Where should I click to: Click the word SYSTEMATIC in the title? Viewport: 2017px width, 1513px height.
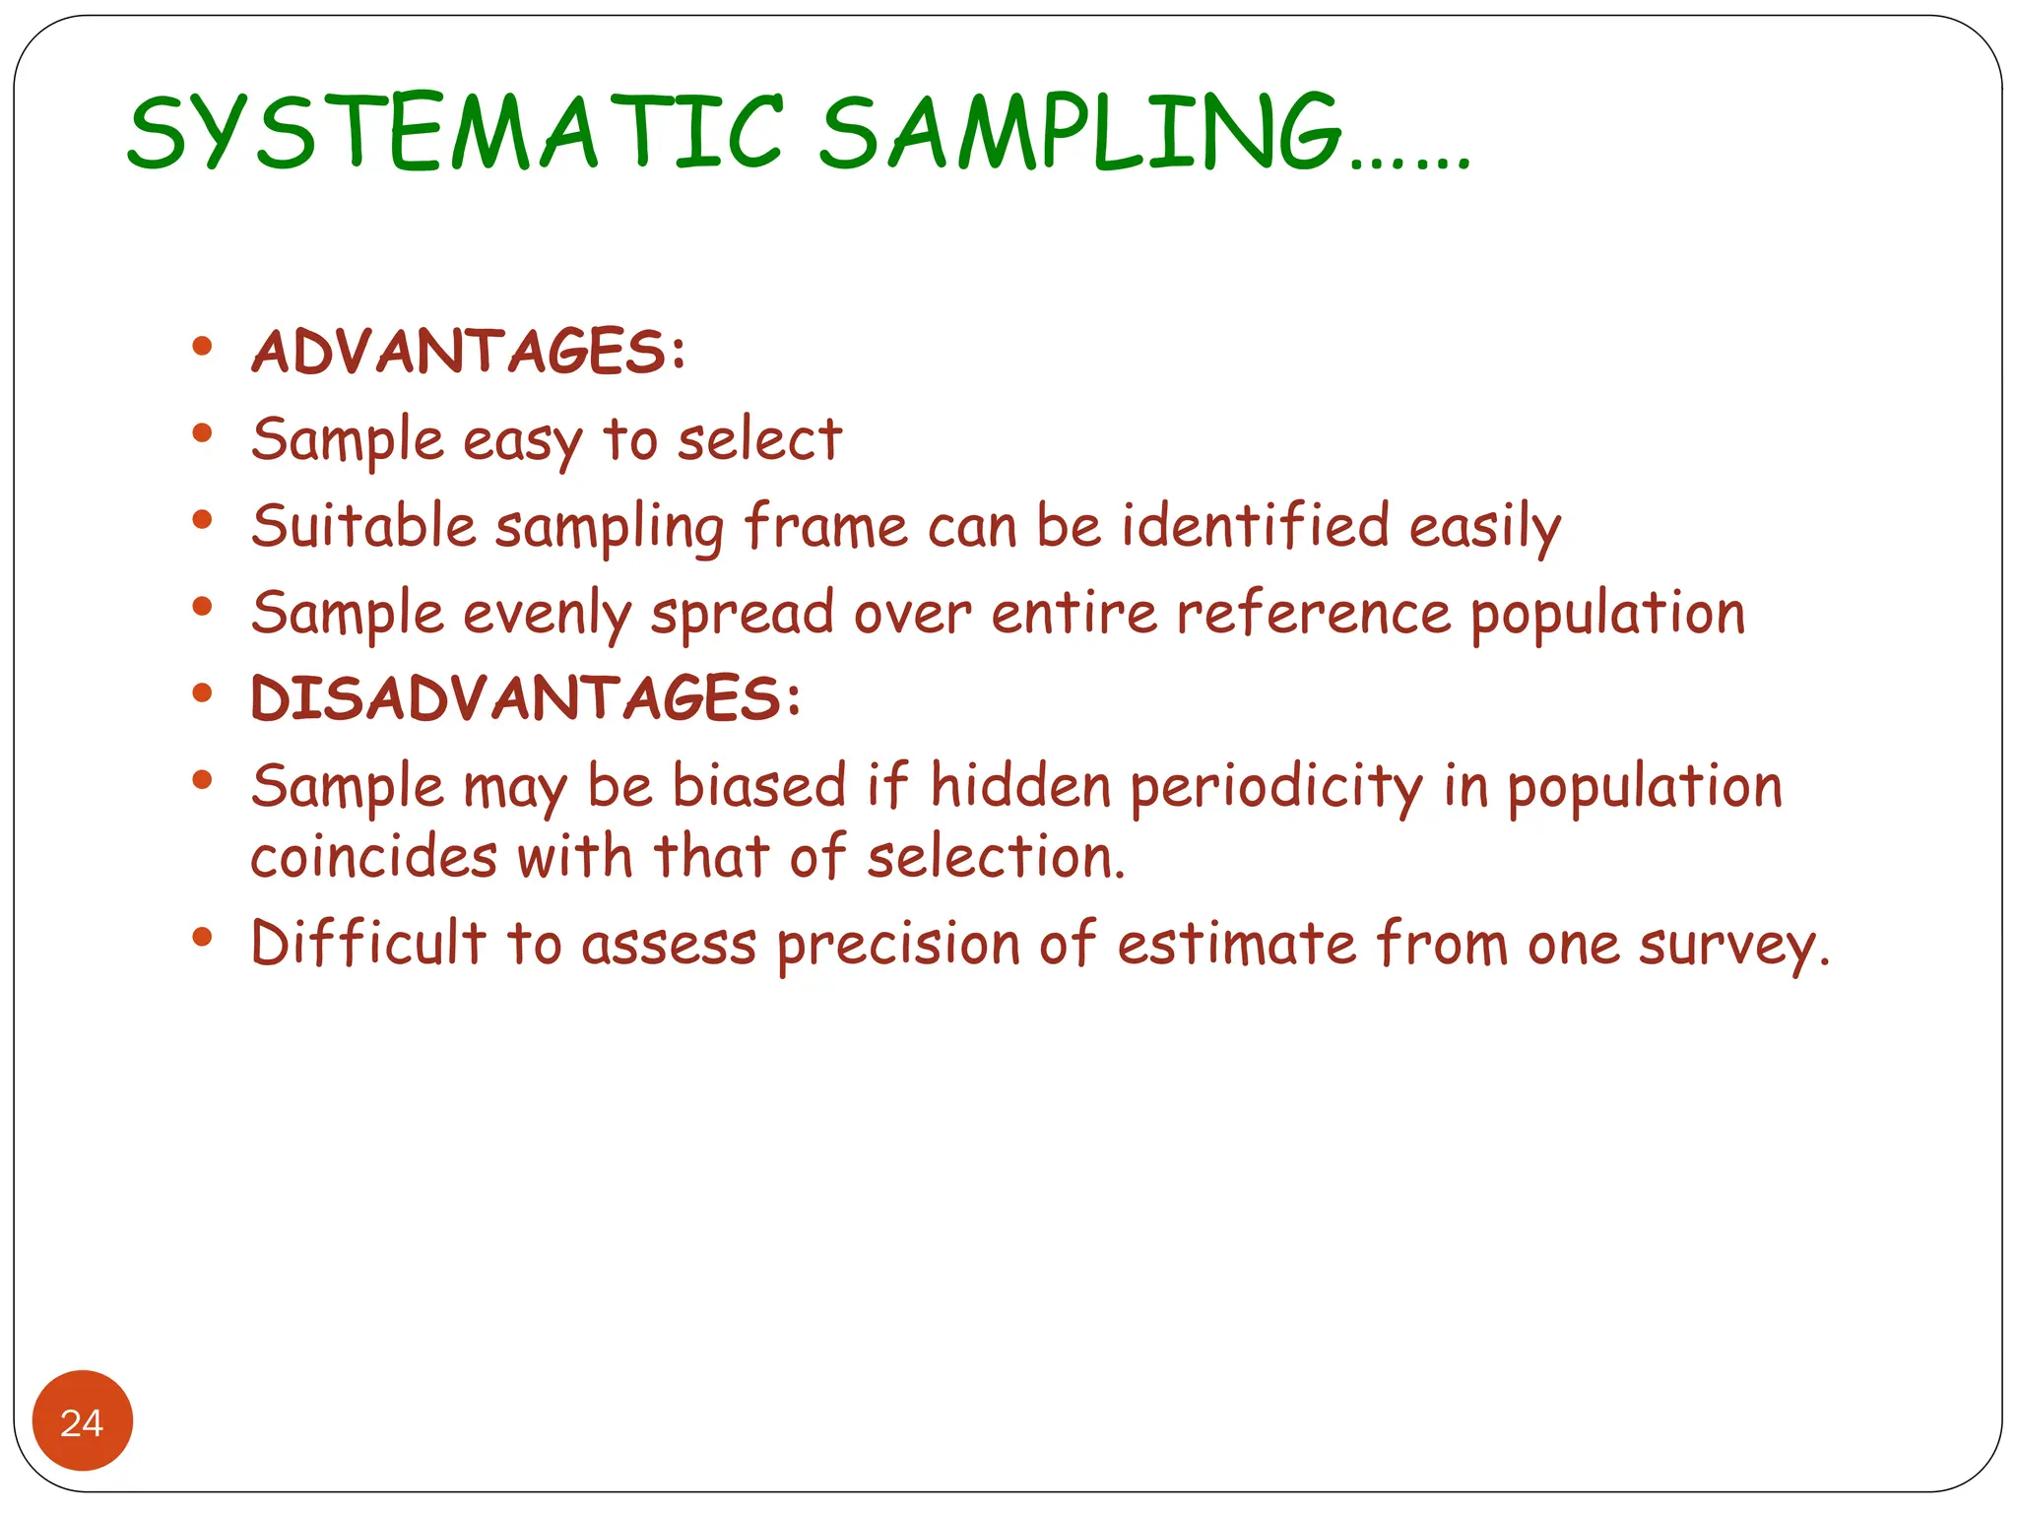coord(455,133)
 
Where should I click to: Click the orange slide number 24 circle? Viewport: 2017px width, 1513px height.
coord(83,1421)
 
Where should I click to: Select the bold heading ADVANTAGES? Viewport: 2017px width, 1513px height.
coord(468,352)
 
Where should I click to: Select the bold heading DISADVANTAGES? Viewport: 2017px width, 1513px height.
coord(526,698)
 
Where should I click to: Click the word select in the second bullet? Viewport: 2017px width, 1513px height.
coord(759,439)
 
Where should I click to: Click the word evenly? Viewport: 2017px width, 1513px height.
coord(548,614)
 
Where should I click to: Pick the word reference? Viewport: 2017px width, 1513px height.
coord(1314,614)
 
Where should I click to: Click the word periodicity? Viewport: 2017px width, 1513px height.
coord(1276,788)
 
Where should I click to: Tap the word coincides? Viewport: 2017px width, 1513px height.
coord(373,856)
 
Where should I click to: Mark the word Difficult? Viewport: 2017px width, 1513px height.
coord(368,943)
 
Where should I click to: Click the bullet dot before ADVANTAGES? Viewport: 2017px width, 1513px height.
coord(203,346)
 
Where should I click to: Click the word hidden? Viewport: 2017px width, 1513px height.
coord(1020,786)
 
